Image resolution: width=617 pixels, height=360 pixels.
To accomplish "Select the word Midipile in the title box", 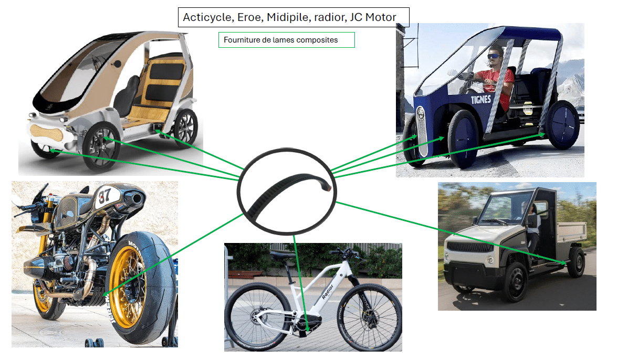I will click(287, 18).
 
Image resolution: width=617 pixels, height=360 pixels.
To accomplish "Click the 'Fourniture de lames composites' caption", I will click(280, 40).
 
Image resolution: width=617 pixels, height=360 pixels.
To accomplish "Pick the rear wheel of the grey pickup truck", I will click(576, 263).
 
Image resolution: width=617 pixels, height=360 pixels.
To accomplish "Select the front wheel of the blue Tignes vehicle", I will click(462, 139).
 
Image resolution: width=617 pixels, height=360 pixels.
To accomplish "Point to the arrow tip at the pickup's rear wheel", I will click(567, 262).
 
